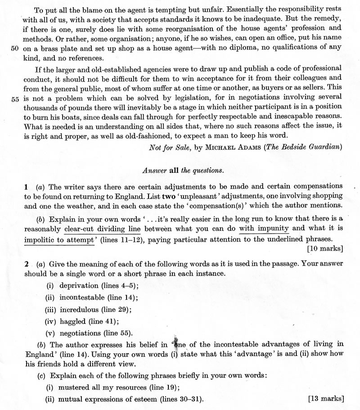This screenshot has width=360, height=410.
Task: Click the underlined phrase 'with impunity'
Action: point(264,228)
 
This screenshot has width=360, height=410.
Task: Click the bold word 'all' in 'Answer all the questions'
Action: point(174,171)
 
